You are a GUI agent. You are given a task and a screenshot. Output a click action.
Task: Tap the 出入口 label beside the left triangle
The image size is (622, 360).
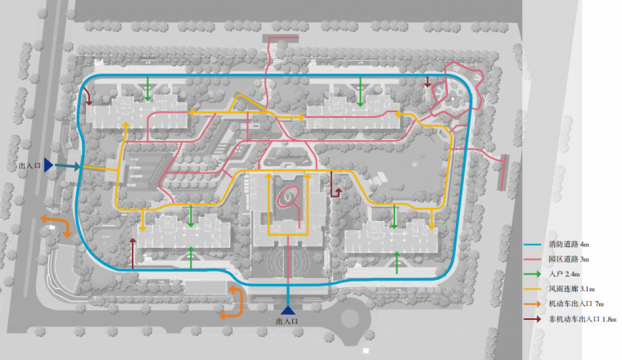[x=29, y=166]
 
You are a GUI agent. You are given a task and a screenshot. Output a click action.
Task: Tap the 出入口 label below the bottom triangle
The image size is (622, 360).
[x=288, y=322]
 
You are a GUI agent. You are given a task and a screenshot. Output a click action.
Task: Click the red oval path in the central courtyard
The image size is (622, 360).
[x=288, y=197]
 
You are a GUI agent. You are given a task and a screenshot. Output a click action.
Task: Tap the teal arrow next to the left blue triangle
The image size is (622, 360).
[x=67, y=167]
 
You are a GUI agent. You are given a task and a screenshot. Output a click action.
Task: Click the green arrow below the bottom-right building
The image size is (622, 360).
[x=397, y=263]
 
